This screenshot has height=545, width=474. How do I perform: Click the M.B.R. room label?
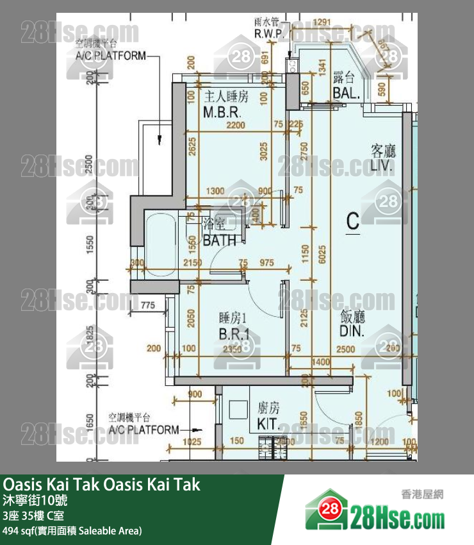pyautogui.click(x=222, y=113)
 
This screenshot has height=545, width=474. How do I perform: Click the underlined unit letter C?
pyautogui.click(x=352, y=221)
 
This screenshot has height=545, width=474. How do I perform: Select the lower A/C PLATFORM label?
pyautogui.click(x=143, y=429)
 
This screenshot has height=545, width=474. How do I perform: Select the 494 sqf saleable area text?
pyautogui.click(x=72, y=530)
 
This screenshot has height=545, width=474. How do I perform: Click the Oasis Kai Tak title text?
pyautogui.click(x=102, y=485)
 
